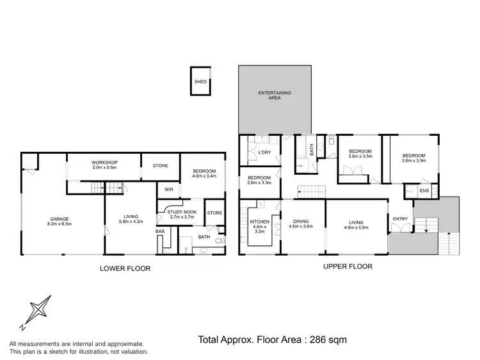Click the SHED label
[x=200, y=82]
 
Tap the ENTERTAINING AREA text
[x=275, y=96]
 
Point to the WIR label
[x=169, y=190]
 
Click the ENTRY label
[x=400, y=220]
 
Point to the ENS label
[x=424, y=191]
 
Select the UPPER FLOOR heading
[x=346, y=266]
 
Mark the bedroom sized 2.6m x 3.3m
[x=259, y=180]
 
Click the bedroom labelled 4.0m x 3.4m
[x=204, y=173]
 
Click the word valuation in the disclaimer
[x=131, y=352]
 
